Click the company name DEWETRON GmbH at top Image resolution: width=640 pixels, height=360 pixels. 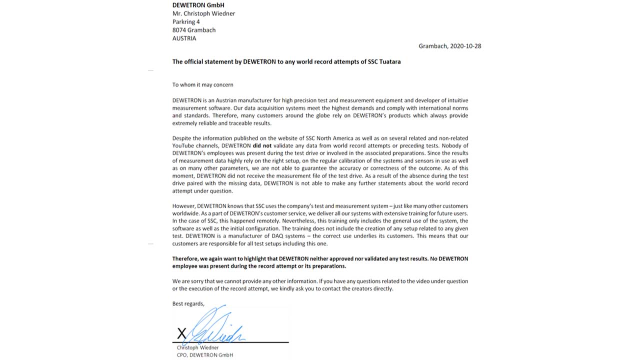click(198, 5)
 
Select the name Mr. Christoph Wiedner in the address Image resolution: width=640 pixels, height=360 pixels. click(203, 13)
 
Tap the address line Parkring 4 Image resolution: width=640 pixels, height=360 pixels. click(186, 22)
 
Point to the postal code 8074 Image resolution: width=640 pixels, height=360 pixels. click(179, 30)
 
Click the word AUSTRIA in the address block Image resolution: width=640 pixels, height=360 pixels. click(184, 38)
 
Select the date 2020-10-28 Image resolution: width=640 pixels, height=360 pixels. click(465, 46)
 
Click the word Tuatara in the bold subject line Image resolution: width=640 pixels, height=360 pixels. click(388, 62)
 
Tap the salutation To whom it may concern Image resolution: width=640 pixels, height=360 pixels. click(202, 85)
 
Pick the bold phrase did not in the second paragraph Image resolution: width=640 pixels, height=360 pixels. click(262, 146)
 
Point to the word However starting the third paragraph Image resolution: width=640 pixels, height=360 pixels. click(183, 206)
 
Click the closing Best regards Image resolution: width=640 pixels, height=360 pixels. click(188, 304)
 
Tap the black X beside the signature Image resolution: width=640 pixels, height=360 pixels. click(181, 333)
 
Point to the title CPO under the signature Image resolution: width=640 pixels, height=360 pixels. click(182, 355)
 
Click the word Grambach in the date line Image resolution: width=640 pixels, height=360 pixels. click(433, 46)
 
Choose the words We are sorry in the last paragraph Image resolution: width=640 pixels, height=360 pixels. click(188, 281)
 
